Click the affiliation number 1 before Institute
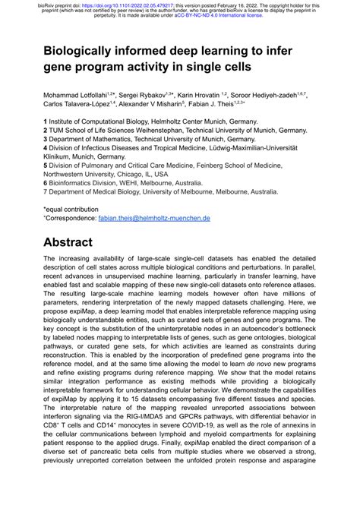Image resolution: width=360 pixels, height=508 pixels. tap(46, 121)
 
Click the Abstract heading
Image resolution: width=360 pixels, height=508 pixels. tap(69, 243)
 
